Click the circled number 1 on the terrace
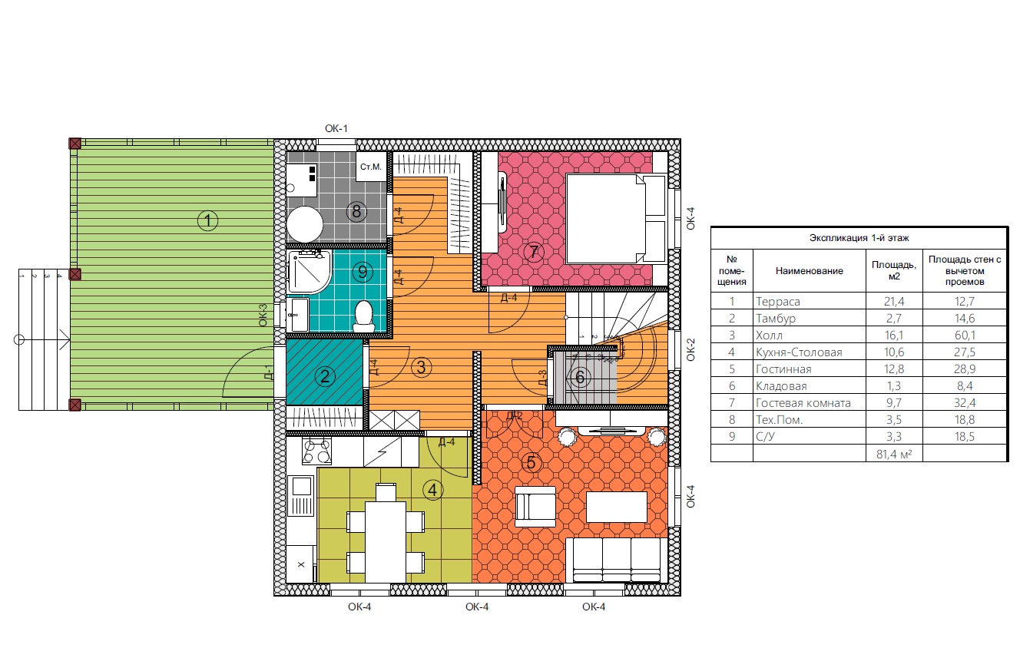coord(207,221)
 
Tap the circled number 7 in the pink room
coord(534,252)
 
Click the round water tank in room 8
coord(305,224)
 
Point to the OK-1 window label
coord(336,129)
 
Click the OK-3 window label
coord(263,316)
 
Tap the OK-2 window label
coord(690,349)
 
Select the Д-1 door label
coord(269,372)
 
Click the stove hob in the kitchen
coord(316,451)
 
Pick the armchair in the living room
coord(535,506)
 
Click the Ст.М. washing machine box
coord(371,167)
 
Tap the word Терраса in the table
coord(778,301)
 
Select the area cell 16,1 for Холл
coord(894,336)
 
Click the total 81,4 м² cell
coord(894,454)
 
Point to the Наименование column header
coord(810,271)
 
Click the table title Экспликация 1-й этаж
coord(859,238)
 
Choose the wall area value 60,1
coord(965,336)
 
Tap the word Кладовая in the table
coord(781,386)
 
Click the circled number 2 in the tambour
coord(325,376)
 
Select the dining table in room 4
coord(386,541)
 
